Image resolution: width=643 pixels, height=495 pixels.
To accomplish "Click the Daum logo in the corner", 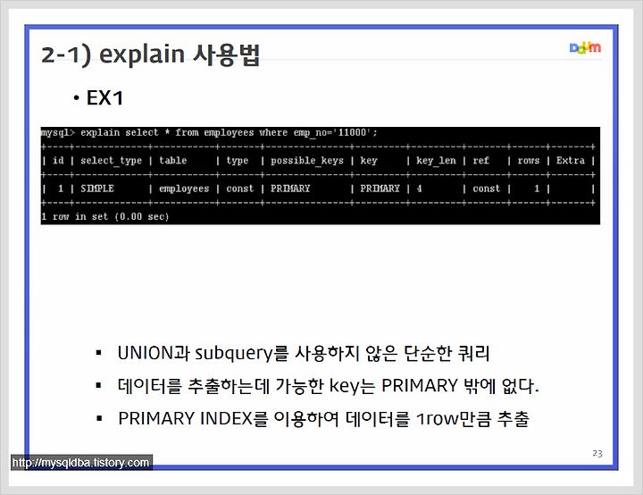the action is click(585, 47).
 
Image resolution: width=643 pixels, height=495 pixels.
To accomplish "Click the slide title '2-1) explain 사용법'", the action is click(151, 55).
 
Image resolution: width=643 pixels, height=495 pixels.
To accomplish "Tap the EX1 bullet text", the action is click(104, 98).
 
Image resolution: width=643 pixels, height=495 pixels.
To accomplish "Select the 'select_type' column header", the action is click(111, 161).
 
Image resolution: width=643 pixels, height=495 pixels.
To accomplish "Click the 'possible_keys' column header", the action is click(306, 161).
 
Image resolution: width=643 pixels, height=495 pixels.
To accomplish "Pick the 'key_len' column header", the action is click(436, 161).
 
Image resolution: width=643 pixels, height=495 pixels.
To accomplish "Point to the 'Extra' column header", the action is click(570, 160).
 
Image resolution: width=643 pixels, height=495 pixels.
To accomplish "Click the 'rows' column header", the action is click(528, 161).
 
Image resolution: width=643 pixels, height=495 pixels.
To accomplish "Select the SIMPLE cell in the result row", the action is click(97, 189).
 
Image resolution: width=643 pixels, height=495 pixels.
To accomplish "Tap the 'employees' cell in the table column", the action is click(184, 189).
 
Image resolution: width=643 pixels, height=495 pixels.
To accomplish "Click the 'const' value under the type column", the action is click(240, 189).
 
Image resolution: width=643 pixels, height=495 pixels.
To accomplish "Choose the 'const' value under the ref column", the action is click(487, 189).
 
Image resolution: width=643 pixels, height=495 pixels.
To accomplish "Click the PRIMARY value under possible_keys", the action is click(290, 189).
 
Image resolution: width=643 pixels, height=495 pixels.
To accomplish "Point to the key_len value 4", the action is click(419, 189).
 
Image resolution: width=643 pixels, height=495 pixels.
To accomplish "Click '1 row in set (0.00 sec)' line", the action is click(105, 216).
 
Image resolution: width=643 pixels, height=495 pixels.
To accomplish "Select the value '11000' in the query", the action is click(352, 132).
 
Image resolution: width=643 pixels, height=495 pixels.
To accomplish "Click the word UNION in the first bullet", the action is click(146, 353).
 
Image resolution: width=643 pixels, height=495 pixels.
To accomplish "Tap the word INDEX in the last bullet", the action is click(226, 419).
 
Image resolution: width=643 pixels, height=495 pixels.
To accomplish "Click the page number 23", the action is click(597, 453).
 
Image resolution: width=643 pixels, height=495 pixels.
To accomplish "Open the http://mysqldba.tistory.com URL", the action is click(80, 463).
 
